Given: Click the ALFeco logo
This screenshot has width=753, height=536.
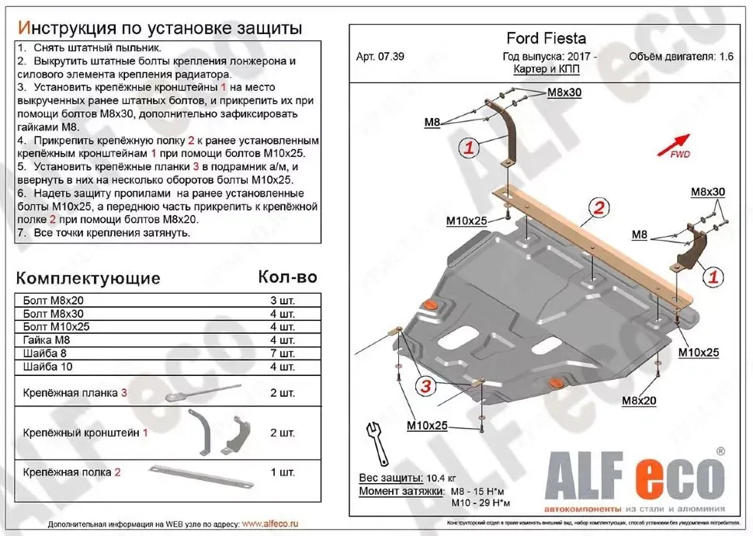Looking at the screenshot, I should click(637, 475).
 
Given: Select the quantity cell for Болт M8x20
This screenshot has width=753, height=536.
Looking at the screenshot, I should click(283, 301).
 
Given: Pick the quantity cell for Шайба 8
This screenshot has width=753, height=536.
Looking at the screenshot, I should click(283, 353).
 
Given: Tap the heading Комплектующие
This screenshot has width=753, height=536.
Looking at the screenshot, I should click(88, 278).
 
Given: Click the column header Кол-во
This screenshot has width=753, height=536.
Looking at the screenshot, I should click(287, 277).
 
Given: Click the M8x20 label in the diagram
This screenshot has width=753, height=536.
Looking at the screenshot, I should click(639, 400).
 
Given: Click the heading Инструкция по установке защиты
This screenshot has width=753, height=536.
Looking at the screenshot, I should click(159, 29).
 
